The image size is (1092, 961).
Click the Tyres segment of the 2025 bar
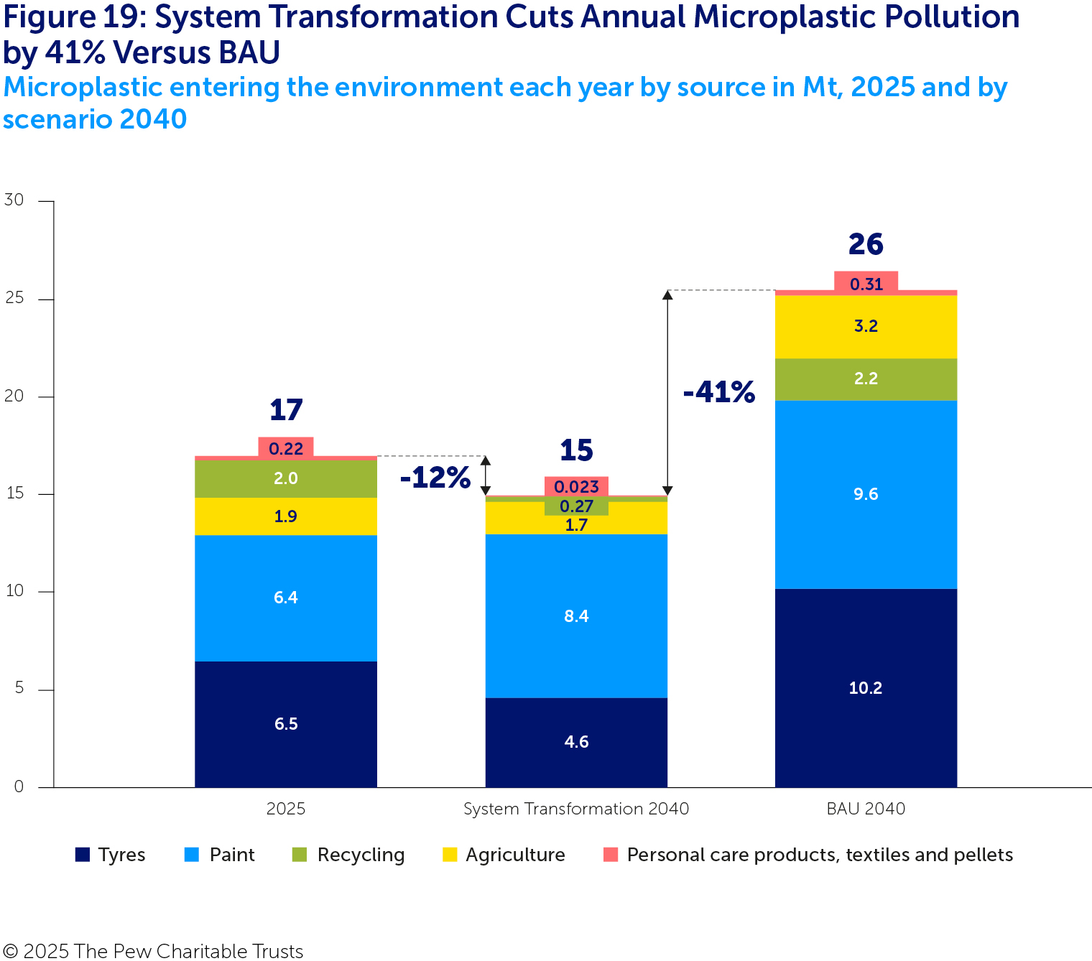pyautogui.click(x=286, y=723)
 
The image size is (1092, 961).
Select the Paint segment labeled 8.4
pyautogui.click(x=576, y=616)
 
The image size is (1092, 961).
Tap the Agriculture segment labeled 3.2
pyautogui.click(x=866, y=326)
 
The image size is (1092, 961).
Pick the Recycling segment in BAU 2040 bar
pyautogui.click(x=866, y=379)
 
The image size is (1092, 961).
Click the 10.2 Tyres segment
pyautogui.click(x=866, y=687)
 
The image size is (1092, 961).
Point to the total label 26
pyautogui.click(x=866, y=244)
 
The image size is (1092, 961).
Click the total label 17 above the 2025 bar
pyautogui.click(x=286, y=410)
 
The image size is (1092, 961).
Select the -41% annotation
pyautogui.click(x=719, y=392)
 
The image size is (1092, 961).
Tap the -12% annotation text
pyautogui.click(x=435, y=478)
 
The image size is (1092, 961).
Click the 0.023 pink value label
pyautogui.click(x=576, y=486)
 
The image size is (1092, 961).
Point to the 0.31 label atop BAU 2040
pyautogui.click(x=866, y=284)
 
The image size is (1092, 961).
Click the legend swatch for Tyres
pyautogui.click(x=83, y=855)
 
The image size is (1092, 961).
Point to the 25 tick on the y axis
pyautogui.click(x=14, y=298)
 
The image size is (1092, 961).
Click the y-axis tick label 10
pyautogui.click(x=14, y=591)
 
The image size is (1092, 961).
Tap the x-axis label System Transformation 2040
pyautogui.click(x=576, y=809)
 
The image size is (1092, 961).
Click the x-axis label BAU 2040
pyautogui.click(x=866, y=809)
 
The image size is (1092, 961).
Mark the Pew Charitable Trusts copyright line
pyautogui.click(x=152, y=951)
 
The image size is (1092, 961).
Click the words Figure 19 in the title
pyautogui.click(x=70, y=17)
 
